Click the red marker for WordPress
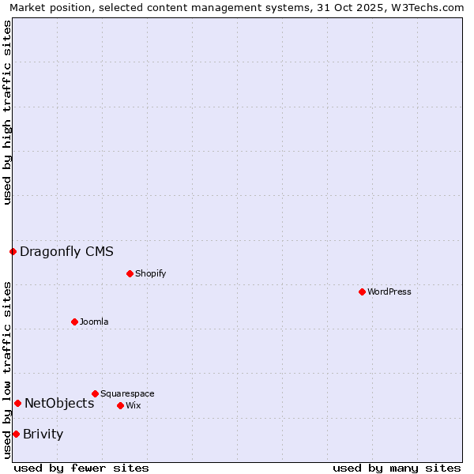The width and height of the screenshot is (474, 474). [x=362, y=292]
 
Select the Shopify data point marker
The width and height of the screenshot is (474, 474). [x=130, y=273]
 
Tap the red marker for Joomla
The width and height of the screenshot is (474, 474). [x=74, y=322]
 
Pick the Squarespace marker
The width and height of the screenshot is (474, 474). [x=95, y=393]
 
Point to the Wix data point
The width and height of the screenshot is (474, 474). [x=120, y=405]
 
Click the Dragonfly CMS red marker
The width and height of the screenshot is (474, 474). [x=13, y=251]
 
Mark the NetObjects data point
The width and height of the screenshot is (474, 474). [x=17, y=403]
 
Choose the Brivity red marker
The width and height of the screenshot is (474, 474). [x=16, y=434]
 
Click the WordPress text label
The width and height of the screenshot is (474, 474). [x=389, y=292]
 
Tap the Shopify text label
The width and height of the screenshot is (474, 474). [x=150, y=274]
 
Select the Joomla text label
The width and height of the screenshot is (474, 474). [x=94, y=322]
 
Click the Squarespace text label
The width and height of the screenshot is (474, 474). [x=127, y=394]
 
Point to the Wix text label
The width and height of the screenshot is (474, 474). [x=133, y=406]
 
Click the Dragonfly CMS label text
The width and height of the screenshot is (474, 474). [x=66, y=252]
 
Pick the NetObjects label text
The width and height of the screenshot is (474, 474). [x=59, y=404]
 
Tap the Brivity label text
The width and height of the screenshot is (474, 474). [x=43, y=434]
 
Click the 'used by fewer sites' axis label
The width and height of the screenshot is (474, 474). [x=81, y=468]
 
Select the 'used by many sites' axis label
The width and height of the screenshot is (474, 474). [x=397, y=468]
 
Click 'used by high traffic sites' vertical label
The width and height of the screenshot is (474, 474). [x=7, y=112]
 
